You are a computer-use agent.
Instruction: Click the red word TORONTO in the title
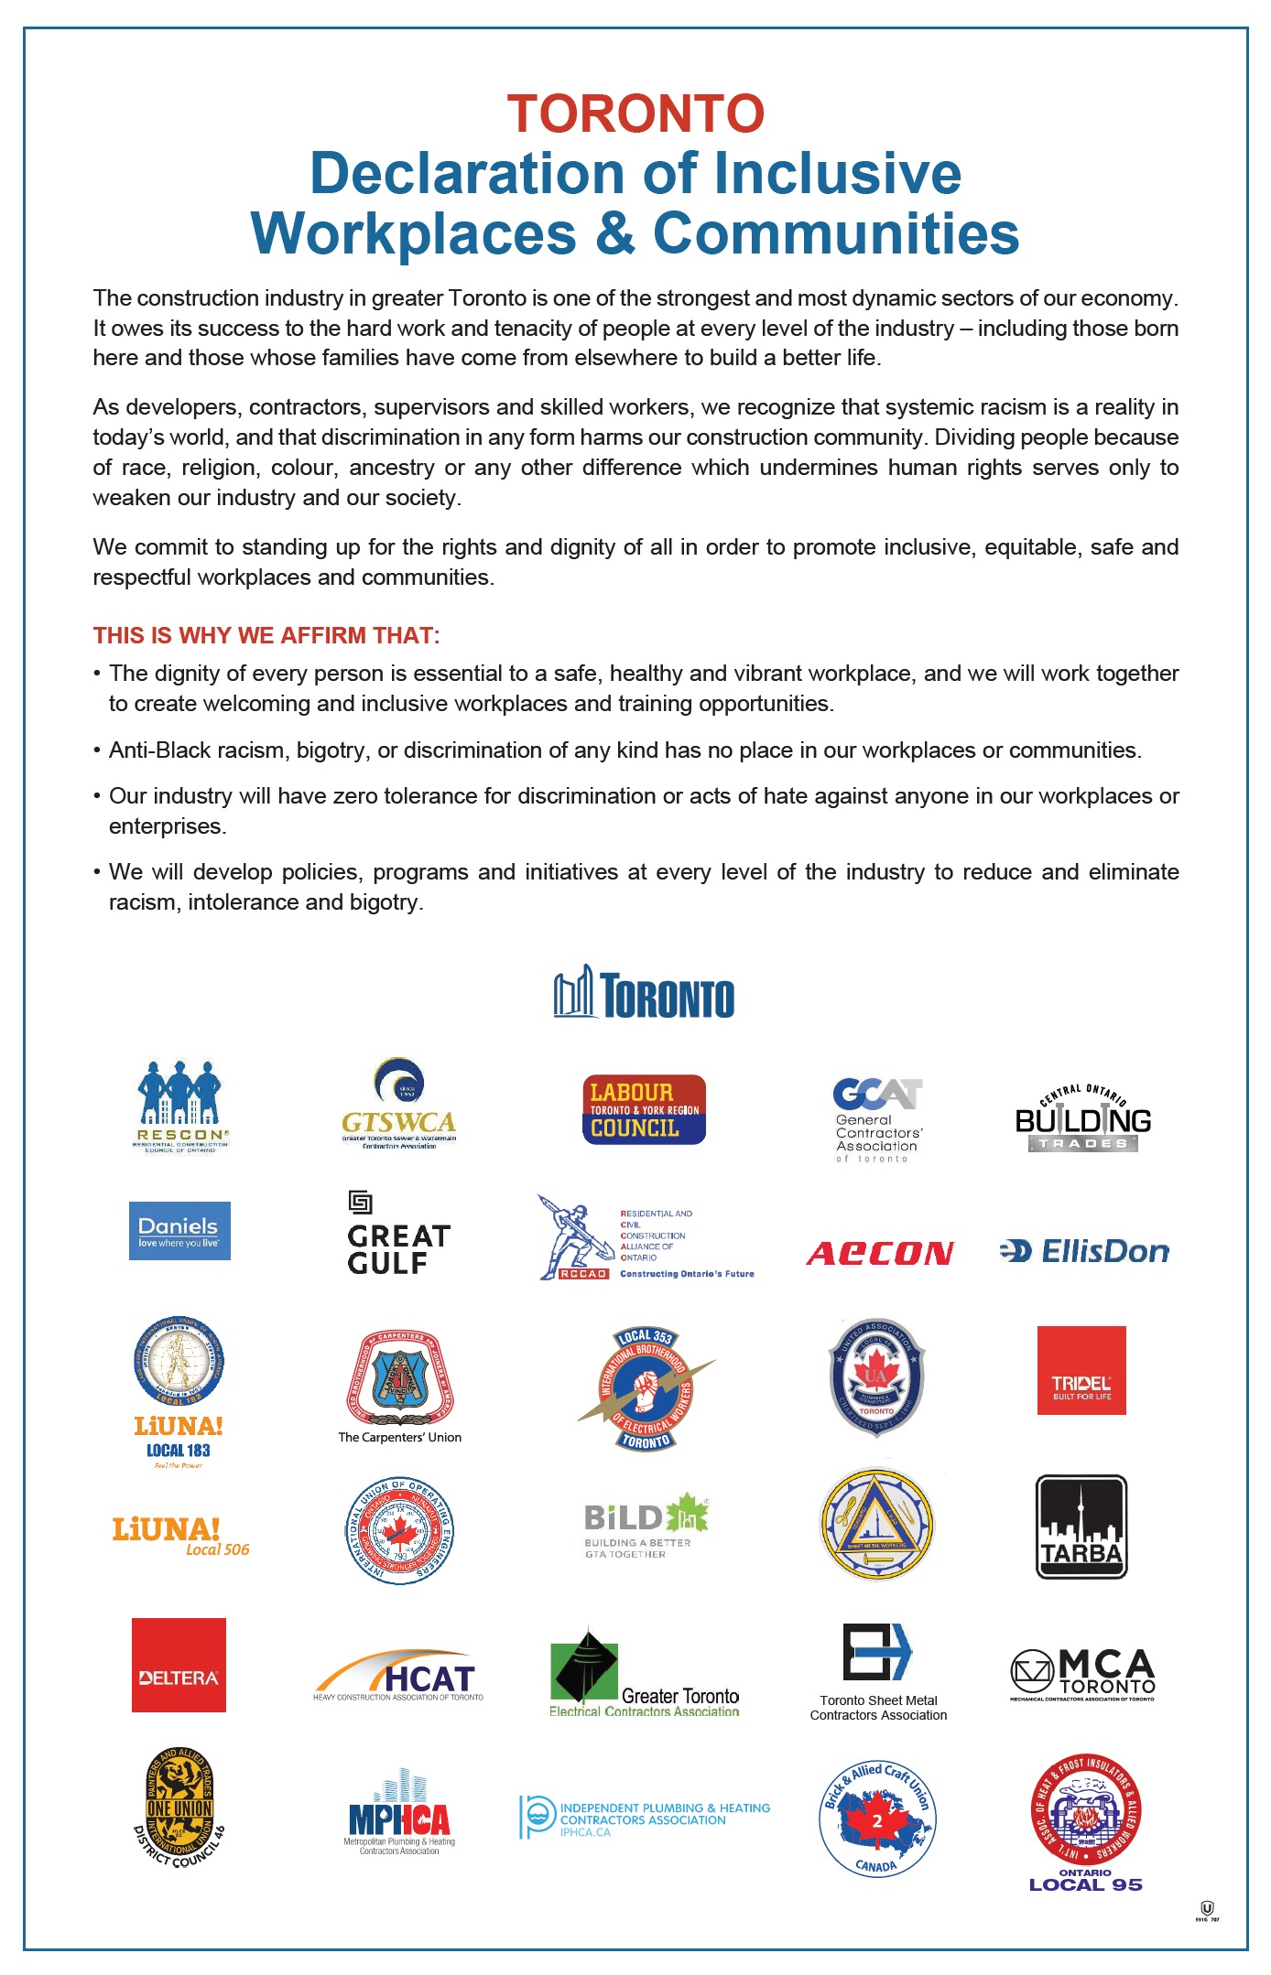click(635, 114)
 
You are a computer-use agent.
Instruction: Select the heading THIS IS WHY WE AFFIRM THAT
click(266, 635)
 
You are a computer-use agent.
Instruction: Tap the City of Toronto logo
click(644, 993)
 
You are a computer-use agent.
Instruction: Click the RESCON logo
click(180, 1106)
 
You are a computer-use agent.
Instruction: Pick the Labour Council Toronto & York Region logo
click(644, 1109)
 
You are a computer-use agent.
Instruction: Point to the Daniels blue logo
click(179, 1230)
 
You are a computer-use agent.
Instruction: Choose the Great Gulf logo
click(398, 1236)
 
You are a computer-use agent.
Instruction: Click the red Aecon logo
click(880, 1252)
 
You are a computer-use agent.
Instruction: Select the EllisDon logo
click(1084, 1251)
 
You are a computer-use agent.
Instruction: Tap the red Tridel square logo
click(1081, 1370)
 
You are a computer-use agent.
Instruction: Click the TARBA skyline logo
click(1081, 1527)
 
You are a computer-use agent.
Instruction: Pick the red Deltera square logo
click(179, 1665)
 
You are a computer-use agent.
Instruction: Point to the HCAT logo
click(398, 1676)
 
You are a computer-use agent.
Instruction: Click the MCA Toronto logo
click(1082, 1674)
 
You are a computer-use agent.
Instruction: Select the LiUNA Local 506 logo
click(180, 1535)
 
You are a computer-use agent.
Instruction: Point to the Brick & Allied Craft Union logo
click(876, 1818)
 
